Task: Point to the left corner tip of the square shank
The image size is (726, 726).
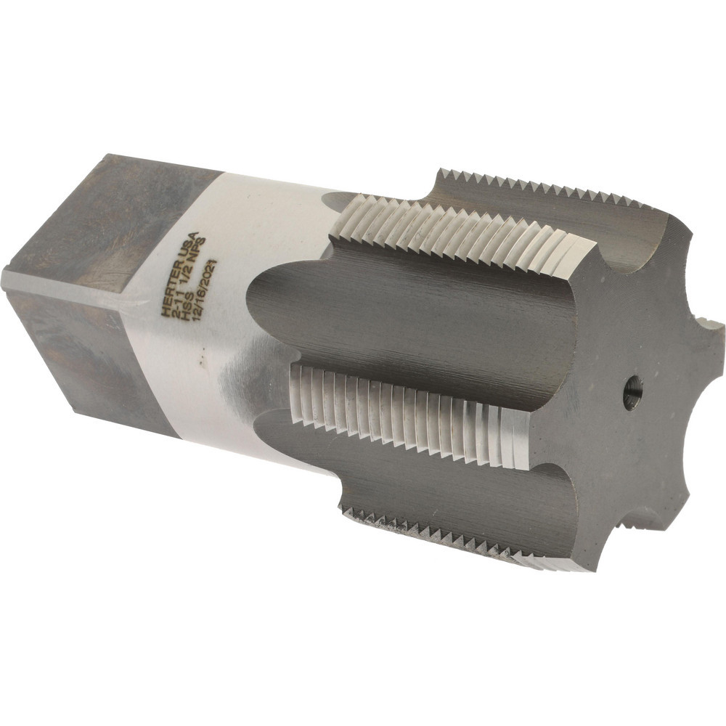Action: click(x=7, y=280)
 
